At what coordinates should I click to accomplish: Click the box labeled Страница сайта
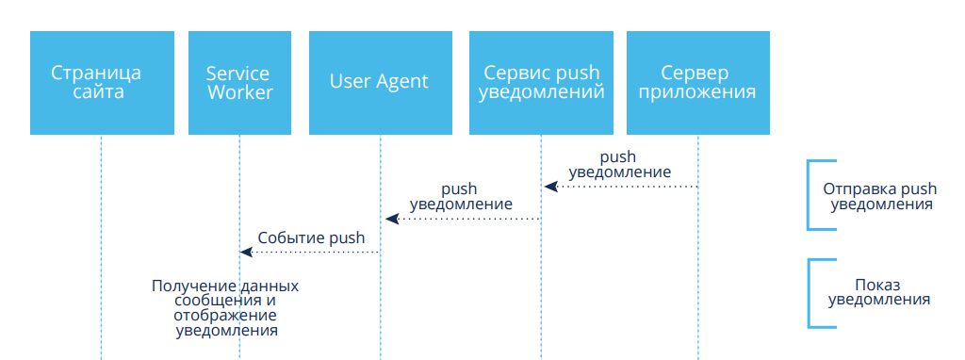pos(101,83)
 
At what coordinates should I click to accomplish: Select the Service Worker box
pos(239,83)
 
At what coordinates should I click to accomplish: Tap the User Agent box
pos(380,83)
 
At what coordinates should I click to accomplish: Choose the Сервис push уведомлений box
pos(541,83)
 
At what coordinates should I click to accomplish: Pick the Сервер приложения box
pos(697,83)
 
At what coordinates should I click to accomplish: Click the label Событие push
pos(311,238)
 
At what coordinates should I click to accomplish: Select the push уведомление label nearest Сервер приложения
pos(619,165)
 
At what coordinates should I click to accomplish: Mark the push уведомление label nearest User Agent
pos(461,196)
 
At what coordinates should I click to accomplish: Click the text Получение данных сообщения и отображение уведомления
pos(226,308)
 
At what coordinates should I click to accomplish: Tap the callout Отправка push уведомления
pos(879,195)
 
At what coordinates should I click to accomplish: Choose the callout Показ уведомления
pos(878,292)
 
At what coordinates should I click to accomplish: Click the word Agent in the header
pos(402,82)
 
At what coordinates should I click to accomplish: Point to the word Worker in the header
pos(240,93)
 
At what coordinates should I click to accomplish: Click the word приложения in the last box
pos(697,93)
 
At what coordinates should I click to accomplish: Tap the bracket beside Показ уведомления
pos(810,293)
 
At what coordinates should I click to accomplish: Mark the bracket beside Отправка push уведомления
pos(810,194)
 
